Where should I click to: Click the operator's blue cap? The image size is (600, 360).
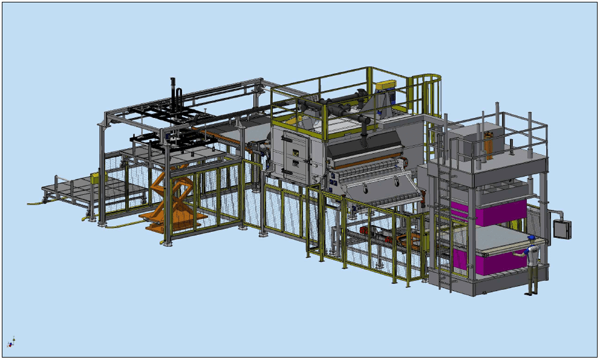point(532,238)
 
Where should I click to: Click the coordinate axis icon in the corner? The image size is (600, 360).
point(11,343)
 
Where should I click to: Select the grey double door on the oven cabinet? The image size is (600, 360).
point(293,157)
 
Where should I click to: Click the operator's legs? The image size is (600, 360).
point(530,281)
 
